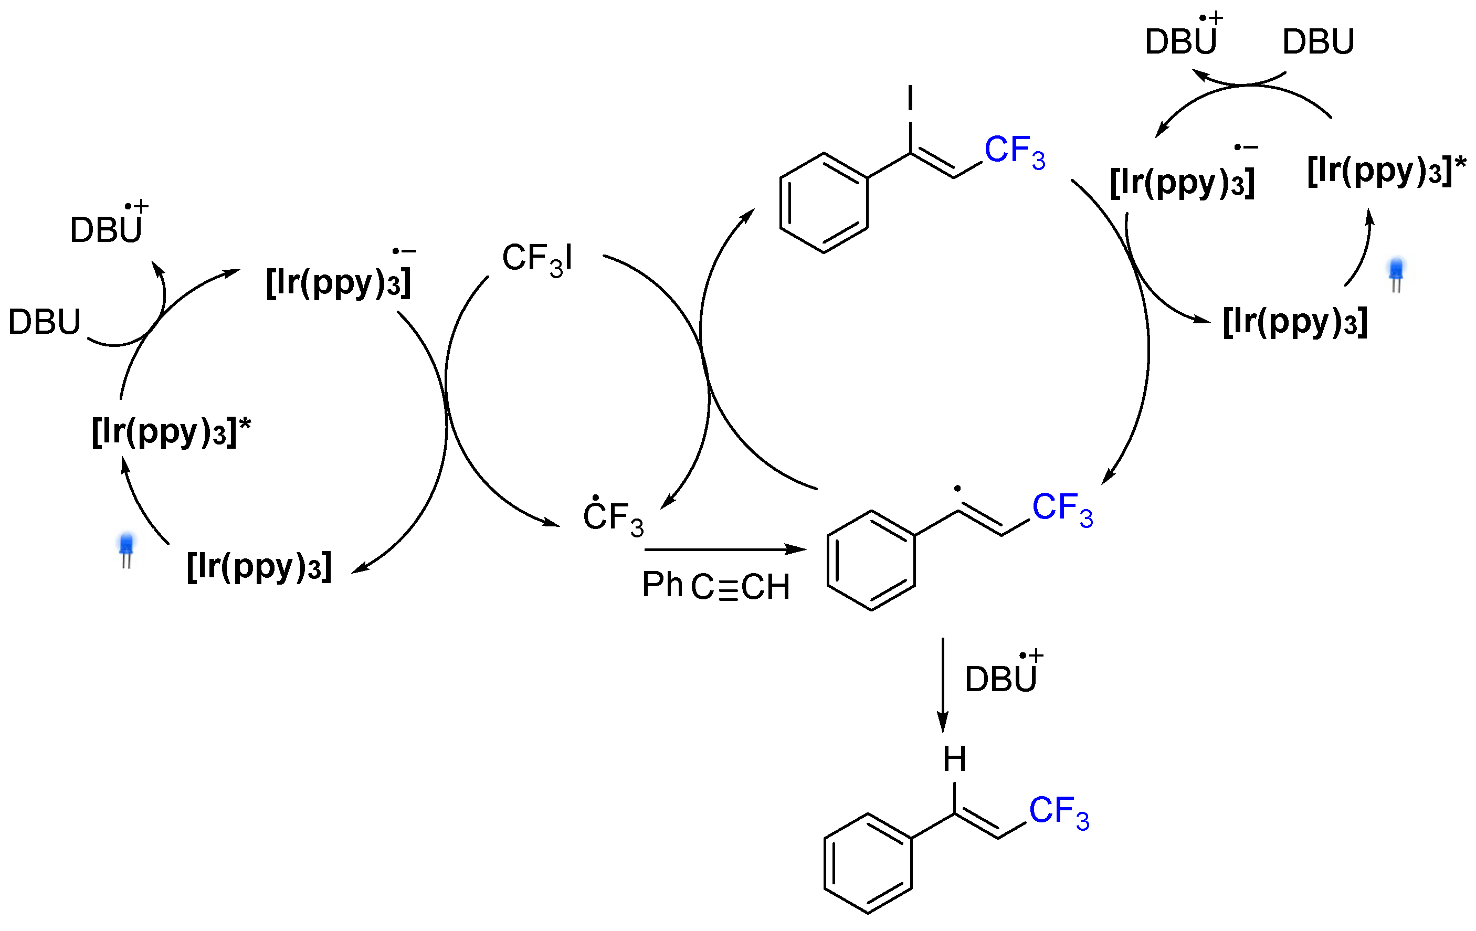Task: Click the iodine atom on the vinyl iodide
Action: click(910, 98)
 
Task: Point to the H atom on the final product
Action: click(954, 759)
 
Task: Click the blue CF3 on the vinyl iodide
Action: click(1015, 151)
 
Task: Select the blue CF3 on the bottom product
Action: click(1059, 812)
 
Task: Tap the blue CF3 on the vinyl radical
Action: click(1062, 509)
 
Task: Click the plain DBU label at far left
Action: click(44, 322)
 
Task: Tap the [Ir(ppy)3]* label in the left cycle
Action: click(171, 431)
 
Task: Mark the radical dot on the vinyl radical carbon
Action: click(957, 489)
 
